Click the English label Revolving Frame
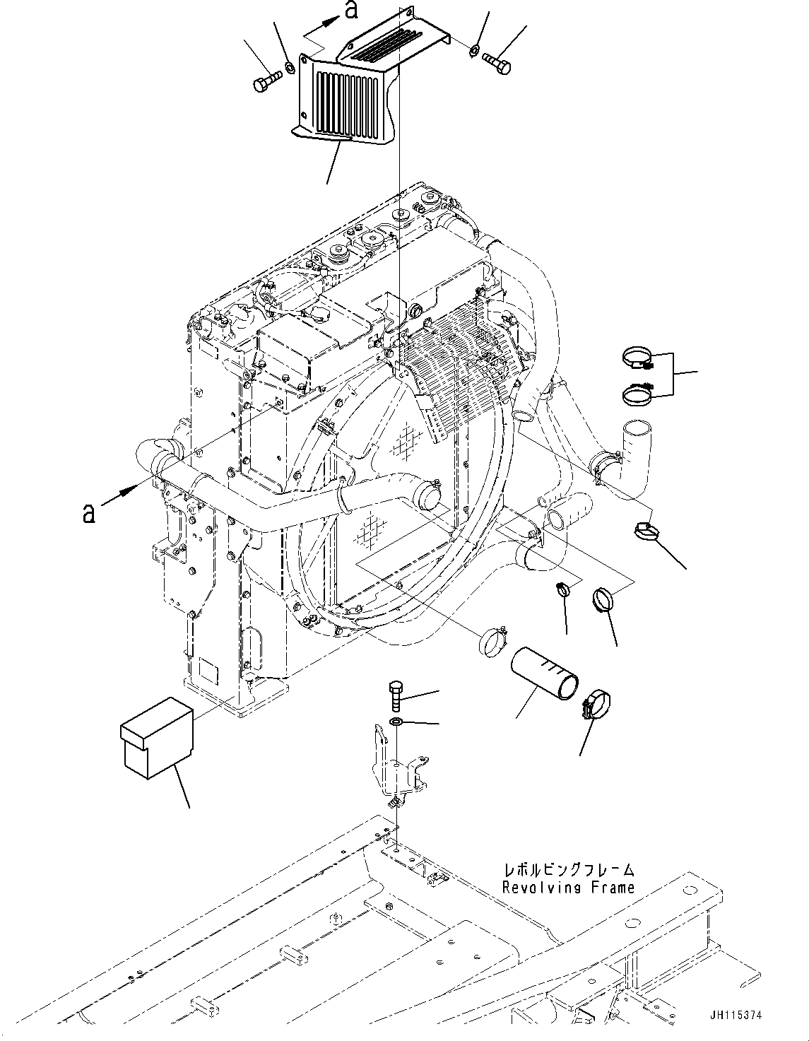(568, 888)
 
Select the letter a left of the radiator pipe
(88, 512)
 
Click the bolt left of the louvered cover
(264, 80)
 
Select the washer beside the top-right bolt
(476, 50)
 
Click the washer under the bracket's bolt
(397, 722)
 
